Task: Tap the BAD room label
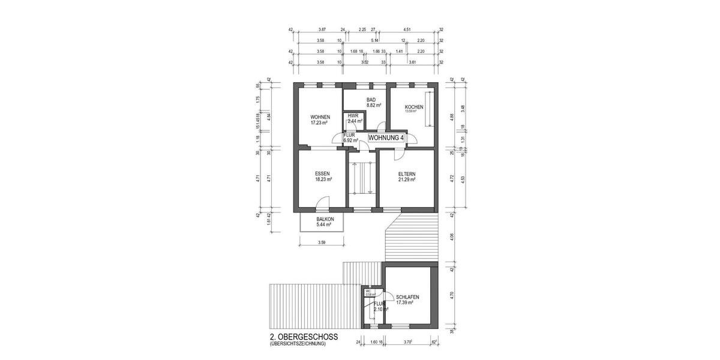point(371,100)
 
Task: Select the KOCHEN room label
point(414,107)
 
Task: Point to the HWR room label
point(353,115)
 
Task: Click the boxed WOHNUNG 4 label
point(386,138)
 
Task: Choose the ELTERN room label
point(407,173)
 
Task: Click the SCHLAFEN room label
point(407,298)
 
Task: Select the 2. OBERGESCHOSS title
point(304,337)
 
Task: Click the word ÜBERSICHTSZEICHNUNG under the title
point(298,344)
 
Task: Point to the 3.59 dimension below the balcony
point(321,243)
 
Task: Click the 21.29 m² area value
point(407,179)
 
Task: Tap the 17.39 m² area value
point(406,304)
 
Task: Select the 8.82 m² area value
point(371,105)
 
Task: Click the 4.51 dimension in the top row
point(407,29)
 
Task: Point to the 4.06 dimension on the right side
point(451,236)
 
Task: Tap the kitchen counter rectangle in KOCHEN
point(428,109)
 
